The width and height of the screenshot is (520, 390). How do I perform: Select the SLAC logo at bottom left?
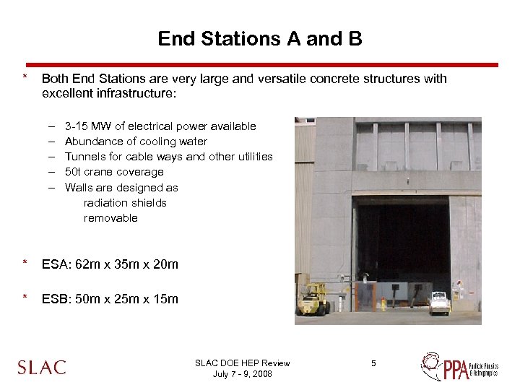[x=42, y=367]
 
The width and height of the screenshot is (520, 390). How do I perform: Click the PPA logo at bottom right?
[x=459, y=366]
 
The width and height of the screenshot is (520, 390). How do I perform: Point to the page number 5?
[x=373, y=363]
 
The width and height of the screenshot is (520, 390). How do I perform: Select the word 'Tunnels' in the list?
[x=84, y=157]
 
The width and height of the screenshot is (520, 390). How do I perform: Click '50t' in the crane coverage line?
[x=73, y=172]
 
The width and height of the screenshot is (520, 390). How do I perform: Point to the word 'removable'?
[x=110, y=218]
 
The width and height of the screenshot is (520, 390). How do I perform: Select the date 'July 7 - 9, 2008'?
[x=243, y=374]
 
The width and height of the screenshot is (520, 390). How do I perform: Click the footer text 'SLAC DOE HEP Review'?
[x=243, y=363]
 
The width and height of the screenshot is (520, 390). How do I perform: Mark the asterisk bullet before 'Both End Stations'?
[x=25, y=78]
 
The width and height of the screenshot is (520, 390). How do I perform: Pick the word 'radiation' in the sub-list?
[x=105, y=203]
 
